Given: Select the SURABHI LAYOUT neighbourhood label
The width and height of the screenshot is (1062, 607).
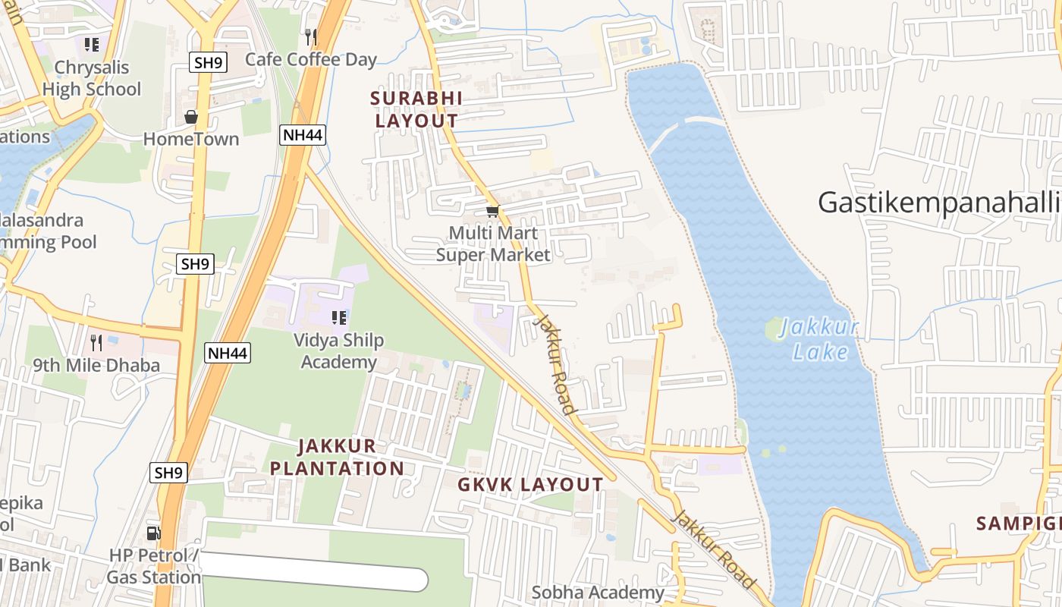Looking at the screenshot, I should tap(416, 109).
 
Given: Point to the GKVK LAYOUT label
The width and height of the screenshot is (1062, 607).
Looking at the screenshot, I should tap(530, 485).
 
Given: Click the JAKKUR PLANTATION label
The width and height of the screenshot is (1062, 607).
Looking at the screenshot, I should tap(337, 457).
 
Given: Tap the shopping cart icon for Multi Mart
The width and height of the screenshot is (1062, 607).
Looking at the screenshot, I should tap(492, 211).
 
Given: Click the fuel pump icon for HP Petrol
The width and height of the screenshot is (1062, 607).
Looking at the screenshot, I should tap(153, 533).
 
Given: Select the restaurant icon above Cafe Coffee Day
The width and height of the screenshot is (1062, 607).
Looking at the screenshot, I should tap(310, 36).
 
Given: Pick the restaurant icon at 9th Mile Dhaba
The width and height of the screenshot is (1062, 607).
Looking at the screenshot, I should tap(96, 342).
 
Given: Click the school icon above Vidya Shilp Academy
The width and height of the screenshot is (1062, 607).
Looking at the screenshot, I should tap(338, 317).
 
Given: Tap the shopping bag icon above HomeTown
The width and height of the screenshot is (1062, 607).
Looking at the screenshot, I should tap(191, 117).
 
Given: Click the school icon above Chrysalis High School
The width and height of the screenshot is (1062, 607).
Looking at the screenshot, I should tap(91, 44).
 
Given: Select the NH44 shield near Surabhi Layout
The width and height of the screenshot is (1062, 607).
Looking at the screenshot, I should tap(303, 135).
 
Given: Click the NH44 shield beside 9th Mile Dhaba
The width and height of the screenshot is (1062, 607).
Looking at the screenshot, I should tap(228, 352).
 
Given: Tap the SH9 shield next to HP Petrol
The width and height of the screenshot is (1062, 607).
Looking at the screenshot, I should tap(168, 473).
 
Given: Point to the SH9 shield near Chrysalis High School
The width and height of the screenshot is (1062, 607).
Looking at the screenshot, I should tap(208, 62).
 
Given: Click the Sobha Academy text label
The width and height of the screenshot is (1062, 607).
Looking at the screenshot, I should tap(598, 593).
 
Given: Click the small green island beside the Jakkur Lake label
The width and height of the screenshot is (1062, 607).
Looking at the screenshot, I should tap(775, 329).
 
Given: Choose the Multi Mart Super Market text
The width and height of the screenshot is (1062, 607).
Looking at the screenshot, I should tap(493, 244).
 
